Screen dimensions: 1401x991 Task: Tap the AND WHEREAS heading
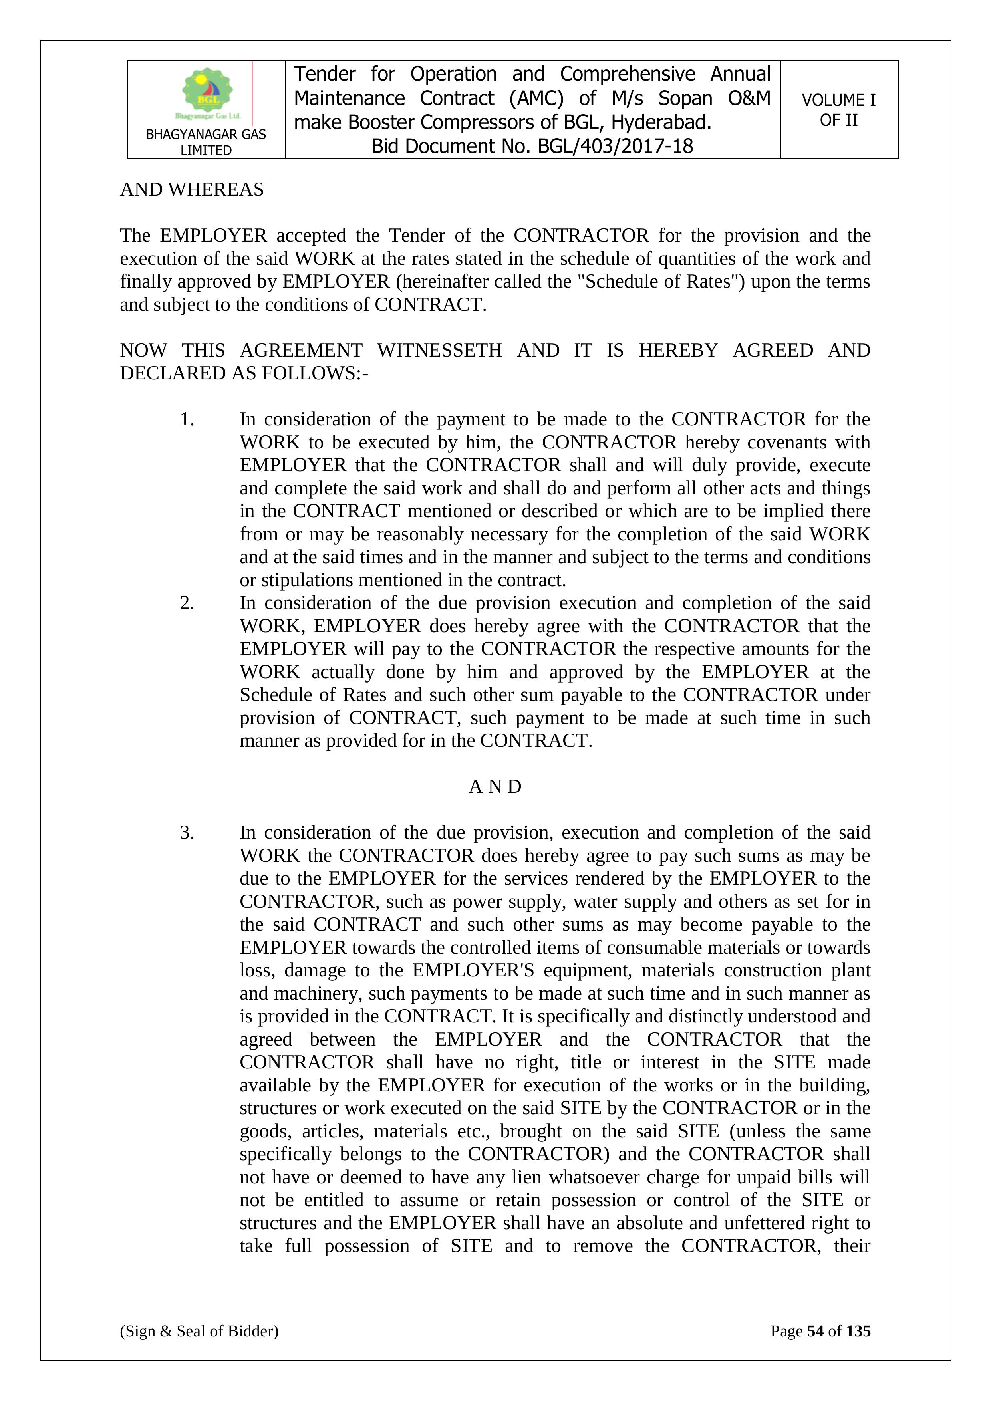point(192,190)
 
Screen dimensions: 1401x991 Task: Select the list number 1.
point(187,419)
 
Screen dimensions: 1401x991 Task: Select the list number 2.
point(187,603)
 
